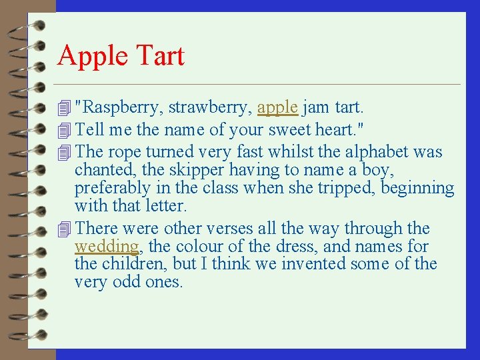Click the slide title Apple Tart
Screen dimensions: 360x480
[x=121, y=55]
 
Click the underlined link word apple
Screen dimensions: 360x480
[x=277, y=107]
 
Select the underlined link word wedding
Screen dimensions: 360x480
[x=107, y=247]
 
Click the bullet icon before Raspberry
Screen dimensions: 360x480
[x=64, y=107]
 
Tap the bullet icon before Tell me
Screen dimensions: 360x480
[x=64, y=129]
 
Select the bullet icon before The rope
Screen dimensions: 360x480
[x=64, y=152]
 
